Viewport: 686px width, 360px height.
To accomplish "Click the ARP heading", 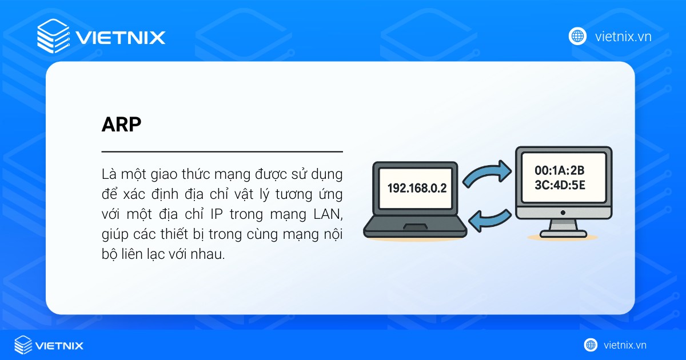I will (121, 125).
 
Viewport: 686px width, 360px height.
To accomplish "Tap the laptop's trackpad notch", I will (416, 227).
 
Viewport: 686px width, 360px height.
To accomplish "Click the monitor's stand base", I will (563, 233).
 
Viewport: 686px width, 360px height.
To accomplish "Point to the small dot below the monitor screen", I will (563, 212).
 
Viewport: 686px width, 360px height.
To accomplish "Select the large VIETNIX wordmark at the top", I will (120, 38).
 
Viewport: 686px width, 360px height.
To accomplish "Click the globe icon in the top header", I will (578, 36).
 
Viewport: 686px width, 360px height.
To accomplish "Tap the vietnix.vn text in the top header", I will (623, 37).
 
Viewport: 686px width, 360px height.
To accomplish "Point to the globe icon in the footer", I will (591, 345).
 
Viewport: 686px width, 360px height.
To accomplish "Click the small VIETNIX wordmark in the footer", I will (59, 345).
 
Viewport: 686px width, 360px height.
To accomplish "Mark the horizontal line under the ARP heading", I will (222, 151).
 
